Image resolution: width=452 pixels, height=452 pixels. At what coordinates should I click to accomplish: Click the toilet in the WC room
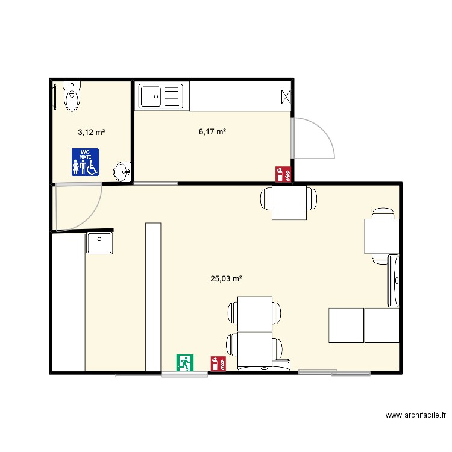[x=72, y=97]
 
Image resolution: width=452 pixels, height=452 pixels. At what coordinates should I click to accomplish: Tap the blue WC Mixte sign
[x=85, y=162]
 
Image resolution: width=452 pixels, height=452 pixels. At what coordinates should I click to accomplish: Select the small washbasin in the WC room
[x=123, y=171]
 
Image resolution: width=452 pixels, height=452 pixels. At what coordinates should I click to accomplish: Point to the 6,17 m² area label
[x=212, y=131]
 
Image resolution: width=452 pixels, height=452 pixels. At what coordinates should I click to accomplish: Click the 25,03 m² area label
[x=226, y=278]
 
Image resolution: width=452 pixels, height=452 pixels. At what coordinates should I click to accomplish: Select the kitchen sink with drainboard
[x=161, y=96]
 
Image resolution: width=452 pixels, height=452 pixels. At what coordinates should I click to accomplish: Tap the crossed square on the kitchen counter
[x=286, y=96]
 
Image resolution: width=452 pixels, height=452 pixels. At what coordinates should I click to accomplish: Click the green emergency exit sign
[x=184, y=362]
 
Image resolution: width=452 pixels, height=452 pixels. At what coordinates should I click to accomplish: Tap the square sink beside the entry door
[x=99, y=243]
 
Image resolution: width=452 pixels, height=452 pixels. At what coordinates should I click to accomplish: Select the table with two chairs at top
[x=289, y=204]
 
